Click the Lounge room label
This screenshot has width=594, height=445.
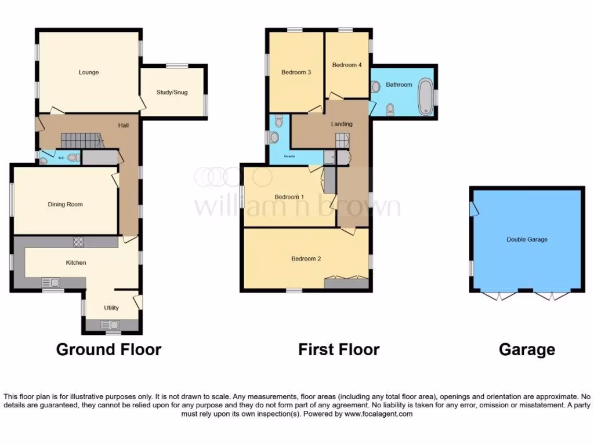pos(89,72)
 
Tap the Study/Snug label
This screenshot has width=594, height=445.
pos(172,92)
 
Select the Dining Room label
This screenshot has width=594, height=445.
pos(65,204)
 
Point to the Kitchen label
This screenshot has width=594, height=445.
pos(76,262)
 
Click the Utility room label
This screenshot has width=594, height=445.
pos(111,308)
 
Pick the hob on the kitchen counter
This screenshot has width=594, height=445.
pos(79,242)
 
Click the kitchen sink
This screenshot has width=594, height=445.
pos(51,283)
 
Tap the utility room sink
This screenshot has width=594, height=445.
pos(113,325)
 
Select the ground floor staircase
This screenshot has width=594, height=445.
pos(81,140)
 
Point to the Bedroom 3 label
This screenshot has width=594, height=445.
pos(296,72)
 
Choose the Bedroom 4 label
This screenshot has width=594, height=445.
pos(347,65)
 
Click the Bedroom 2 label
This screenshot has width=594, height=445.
pos(306,258)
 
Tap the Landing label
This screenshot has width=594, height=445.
pos(342,124)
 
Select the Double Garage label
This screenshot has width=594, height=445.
pos(527,239)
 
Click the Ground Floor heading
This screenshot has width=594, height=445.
pos(108,349)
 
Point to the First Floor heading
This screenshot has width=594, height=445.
pos(339,349)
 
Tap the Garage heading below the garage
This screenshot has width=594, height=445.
pos(527,349)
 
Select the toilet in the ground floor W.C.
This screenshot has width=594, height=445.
pos(72,157)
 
